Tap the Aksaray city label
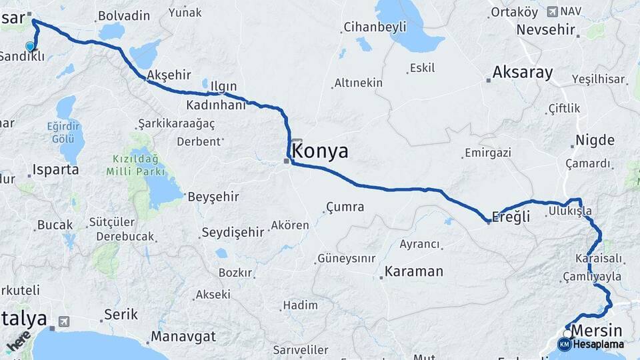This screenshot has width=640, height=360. click(x=522, y=73)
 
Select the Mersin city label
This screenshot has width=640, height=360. click(x=597, y=331)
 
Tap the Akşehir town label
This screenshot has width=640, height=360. click(x=168, y=75)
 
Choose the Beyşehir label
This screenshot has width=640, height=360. click(x=213, y=197)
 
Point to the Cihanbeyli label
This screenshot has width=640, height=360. click(x=374, y=27)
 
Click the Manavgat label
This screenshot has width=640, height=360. click(x=183, y=337)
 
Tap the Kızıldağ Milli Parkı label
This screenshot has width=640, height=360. click(x=135, y=165)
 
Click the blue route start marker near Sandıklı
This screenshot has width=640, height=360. click(x=30, y=46)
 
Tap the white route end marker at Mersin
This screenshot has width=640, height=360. click(x=568, y=333)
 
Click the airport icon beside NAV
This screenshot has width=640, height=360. click(x=552, y=11)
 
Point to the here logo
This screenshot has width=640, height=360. click(x=17, y=343)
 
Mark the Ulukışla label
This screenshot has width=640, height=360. click(x=569, y=211)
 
